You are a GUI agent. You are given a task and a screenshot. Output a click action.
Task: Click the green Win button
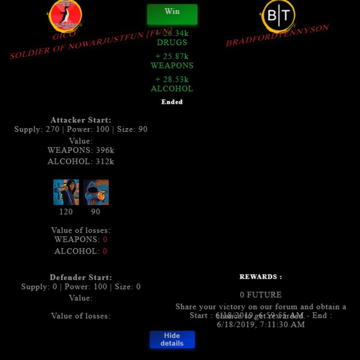tap(172, 14)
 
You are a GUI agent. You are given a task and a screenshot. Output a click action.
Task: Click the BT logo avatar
tap(279, 16)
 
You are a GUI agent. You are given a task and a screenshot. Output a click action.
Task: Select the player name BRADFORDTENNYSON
tap(277, 36)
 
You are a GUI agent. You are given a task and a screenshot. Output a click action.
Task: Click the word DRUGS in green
tap(172, 43)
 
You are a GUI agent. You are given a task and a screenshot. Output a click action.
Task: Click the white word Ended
tap(172, 102)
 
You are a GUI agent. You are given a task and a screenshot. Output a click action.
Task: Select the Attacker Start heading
tap(81, 120)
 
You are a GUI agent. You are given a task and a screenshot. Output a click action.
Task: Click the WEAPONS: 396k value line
tap(81, 150)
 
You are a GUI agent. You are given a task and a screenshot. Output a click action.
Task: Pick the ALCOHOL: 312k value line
tap(81, 162)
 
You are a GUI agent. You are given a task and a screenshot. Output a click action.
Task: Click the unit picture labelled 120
tap(66, 192)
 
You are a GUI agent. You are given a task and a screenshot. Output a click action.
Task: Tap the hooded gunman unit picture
tap(96, 192)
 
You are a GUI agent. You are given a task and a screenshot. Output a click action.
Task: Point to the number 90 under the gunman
tap(96, 211)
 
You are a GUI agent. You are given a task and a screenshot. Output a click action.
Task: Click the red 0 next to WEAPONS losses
tap(105, 239)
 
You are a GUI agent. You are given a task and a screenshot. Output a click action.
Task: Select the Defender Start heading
tap(81, 277)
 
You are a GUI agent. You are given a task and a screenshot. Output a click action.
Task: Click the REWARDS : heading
tap(261, 277)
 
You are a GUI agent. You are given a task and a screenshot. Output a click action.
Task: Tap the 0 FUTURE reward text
tap(261, 295)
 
